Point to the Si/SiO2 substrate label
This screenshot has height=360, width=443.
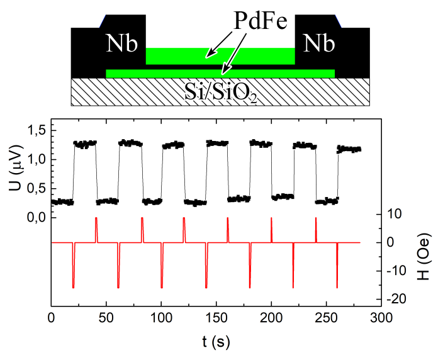pos(220,93)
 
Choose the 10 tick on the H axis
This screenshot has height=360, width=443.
pos(394,214)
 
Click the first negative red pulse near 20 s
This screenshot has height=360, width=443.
pos(74,271)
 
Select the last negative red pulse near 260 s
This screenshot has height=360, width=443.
pos(337,271)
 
